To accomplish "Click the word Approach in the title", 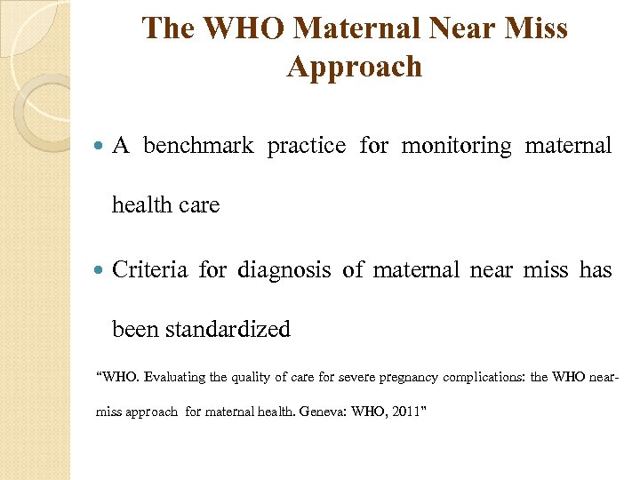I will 355,67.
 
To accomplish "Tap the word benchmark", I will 198,146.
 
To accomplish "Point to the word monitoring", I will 457,146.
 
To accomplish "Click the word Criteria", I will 150,269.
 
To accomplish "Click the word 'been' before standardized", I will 132,329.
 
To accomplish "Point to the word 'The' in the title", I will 169,28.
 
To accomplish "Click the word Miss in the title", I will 538,28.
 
